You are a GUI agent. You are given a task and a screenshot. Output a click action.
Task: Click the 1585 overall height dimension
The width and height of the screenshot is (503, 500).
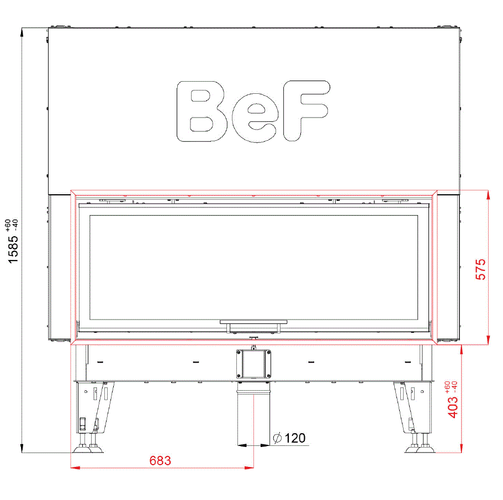click(x=13, y=249)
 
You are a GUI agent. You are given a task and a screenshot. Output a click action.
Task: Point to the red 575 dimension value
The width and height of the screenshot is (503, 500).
click(x=480, y=269)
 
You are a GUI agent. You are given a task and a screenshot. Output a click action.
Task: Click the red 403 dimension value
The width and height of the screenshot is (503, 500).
click(x=453, y=407)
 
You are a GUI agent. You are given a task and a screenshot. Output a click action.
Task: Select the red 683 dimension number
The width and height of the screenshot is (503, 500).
click(x=160, y=461)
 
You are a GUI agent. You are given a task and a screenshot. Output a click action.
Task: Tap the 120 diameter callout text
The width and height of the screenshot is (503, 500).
click(x=295, y=438)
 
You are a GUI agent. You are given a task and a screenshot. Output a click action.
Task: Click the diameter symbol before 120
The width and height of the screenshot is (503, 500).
click(x=277, y=438)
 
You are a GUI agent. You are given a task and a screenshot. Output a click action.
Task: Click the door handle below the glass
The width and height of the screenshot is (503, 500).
click(x=253, y=326)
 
